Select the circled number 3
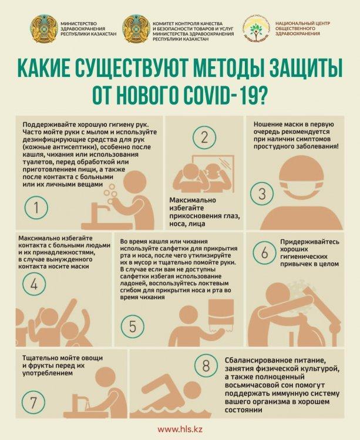(262, 193)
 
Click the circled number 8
(206, 366)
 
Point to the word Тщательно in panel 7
(41, 357)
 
